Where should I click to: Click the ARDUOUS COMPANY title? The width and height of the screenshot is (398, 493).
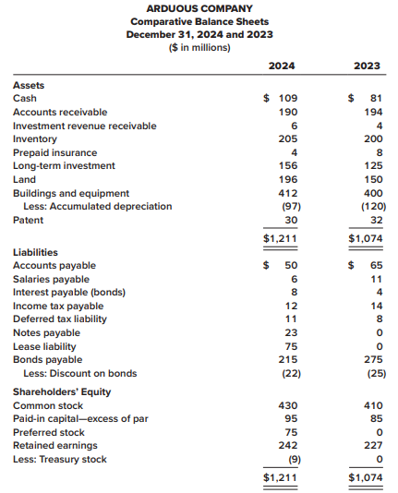199,8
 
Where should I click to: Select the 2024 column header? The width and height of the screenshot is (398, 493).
282,66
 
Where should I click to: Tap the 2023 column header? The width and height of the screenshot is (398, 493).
367,66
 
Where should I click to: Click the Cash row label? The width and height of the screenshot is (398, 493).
25,99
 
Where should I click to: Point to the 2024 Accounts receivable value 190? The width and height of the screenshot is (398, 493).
288,113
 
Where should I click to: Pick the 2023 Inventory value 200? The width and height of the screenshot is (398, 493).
373,138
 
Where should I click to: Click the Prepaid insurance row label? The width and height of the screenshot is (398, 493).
55,153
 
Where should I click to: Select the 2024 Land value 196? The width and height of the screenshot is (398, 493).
288,179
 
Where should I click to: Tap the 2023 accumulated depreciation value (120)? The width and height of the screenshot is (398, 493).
373,207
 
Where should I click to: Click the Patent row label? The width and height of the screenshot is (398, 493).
28,220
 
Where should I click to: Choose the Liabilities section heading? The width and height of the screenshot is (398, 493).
35,252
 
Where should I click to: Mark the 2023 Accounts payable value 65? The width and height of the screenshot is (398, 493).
377,265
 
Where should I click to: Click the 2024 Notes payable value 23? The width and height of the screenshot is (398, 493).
291,332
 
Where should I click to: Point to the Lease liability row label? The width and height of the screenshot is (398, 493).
44,347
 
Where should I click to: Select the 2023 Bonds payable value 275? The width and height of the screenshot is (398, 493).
373,359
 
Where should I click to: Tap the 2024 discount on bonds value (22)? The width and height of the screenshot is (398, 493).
291,374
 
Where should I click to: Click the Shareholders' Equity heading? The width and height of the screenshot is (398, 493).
62,392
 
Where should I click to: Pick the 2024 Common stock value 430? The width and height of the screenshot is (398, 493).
288,405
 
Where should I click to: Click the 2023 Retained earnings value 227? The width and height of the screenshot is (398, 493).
373,446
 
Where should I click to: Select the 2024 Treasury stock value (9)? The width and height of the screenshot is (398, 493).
295,460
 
